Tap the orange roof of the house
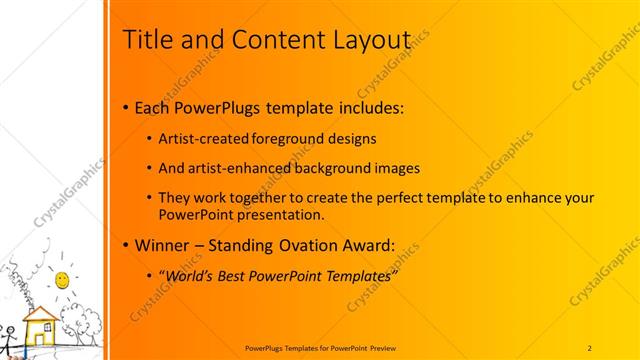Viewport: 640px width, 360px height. [x=41, y=315]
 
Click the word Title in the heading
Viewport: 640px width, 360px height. [x=145, y=39]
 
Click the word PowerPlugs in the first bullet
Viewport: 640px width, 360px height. [x=215, y=108]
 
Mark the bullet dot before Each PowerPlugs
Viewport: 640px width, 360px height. [x=124, y=108]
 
